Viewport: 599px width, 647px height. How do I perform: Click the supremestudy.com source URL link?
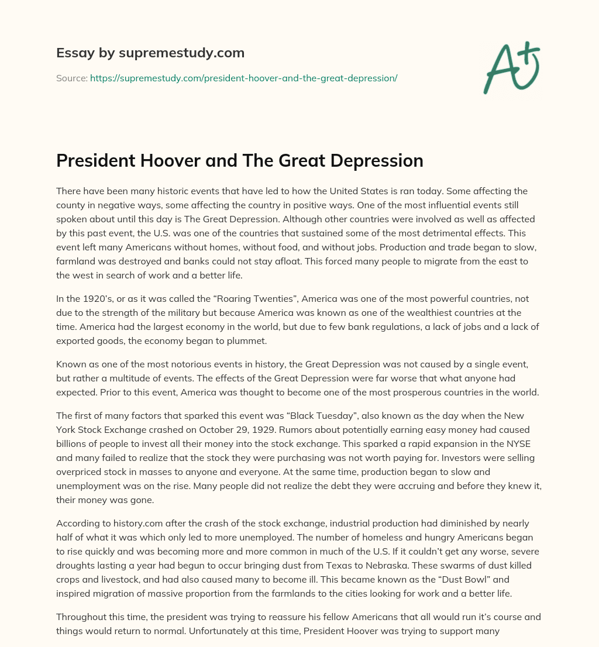click(243, 78)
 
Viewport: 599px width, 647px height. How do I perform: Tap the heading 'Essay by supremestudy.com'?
click(150, 53)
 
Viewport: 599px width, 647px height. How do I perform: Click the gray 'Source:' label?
click(71, 78)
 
